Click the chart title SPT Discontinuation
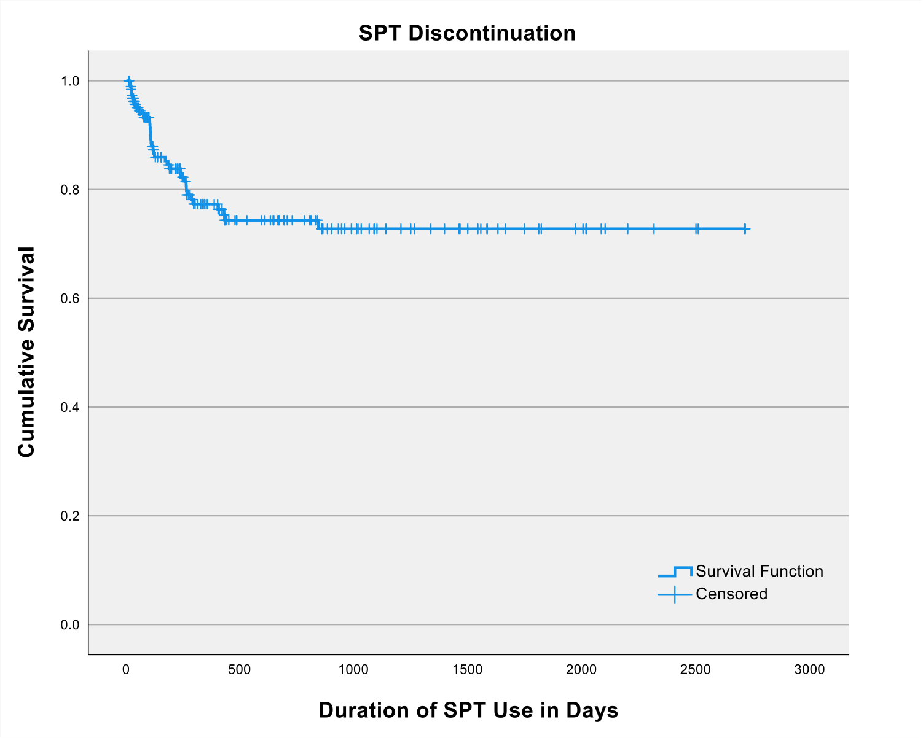[x=467, y=33]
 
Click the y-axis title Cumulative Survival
[x=26, y=352]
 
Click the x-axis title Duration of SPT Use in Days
[x=468, y=710]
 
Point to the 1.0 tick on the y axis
[x=70, y=81]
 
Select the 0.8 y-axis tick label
[x=70, y=190]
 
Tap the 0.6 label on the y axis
[x=70, y=298]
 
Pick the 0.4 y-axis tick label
[x=70, y=407]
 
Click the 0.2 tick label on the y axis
[x=70, y=516]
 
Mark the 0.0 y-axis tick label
[x=70, y=625]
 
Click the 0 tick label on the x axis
[x=126, y=670]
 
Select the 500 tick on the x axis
[x=239, y=670]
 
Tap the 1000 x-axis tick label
[x=353, y=670]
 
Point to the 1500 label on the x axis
[x=467, y=670]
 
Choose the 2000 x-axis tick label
[x=581, y=670]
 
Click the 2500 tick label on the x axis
[x=696, y=670]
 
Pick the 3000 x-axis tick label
[x=809, y=670]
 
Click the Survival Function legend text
[x=760, y=572]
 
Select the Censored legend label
[x=732, y=594]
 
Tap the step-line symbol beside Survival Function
[x=675, y=572]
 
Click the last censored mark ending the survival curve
[x=745, y=229]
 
